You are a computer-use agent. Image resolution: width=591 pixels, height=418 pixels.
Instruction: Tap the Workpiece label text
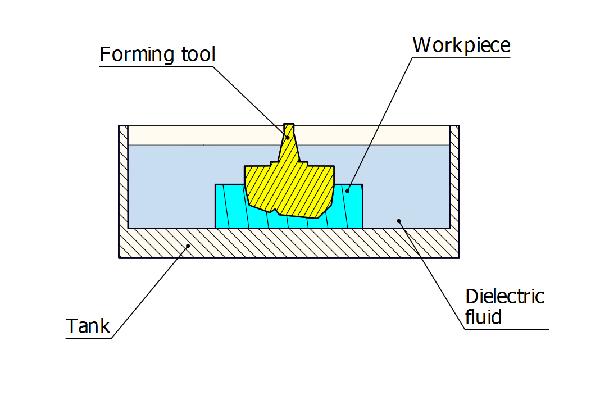(461, 45)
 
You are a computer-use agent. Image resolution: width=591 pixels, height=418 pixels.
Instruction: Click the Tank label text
(88, 326)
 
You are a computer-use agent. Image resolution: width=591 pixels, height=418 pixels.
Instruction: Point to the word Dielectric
(504, 296)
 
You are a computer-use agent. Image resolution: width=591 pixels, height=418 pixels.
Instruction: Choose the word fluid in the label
(483, 317)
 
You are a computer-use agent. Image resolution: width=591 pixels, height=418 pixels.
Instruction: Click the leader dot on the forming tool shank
(288, 137)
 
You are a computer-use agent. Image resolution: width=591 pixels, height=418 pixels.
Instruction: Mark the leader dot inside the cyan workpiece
(347, 191)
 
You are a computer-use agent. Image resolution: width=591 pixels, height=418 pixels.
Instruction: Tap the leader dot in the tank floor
(188, 246)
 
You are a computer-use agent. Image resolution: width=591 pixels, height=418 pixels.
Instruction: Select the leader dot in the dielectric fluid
(399, 221)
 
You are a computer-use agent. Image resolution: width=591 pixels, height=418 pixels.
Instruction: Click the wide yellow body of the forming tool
(289, 188)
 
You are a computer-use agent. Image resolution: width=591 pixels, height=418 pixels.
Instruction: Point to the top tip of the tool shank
(289, 125)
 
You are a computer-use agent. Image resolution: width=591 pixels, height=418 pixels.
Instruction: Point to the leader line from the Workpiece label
(382, 118)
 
